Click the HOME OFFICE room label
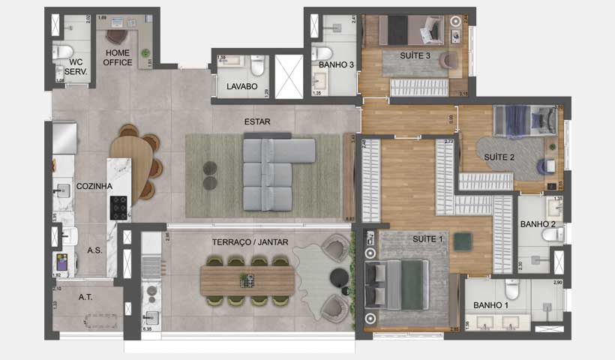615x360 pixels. tap(118, 58)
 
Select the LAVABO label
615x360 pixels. tap(241, 87)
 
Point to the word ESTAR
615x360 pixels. tap(257, 121)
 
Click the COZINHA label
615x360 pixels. tap(94, 186)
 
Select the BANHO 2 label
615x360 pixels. tap(538, 224)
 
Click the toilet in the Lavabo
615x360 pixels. tap(257, 68)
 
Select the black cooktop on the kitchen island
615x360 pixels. tap(119, 207)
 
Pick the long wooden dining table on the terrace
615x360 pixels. tap(245, 280)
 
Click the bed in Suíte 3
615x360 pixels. tap(408, 31)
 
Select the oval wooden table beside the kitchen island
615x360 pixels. tap(139, 165)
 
